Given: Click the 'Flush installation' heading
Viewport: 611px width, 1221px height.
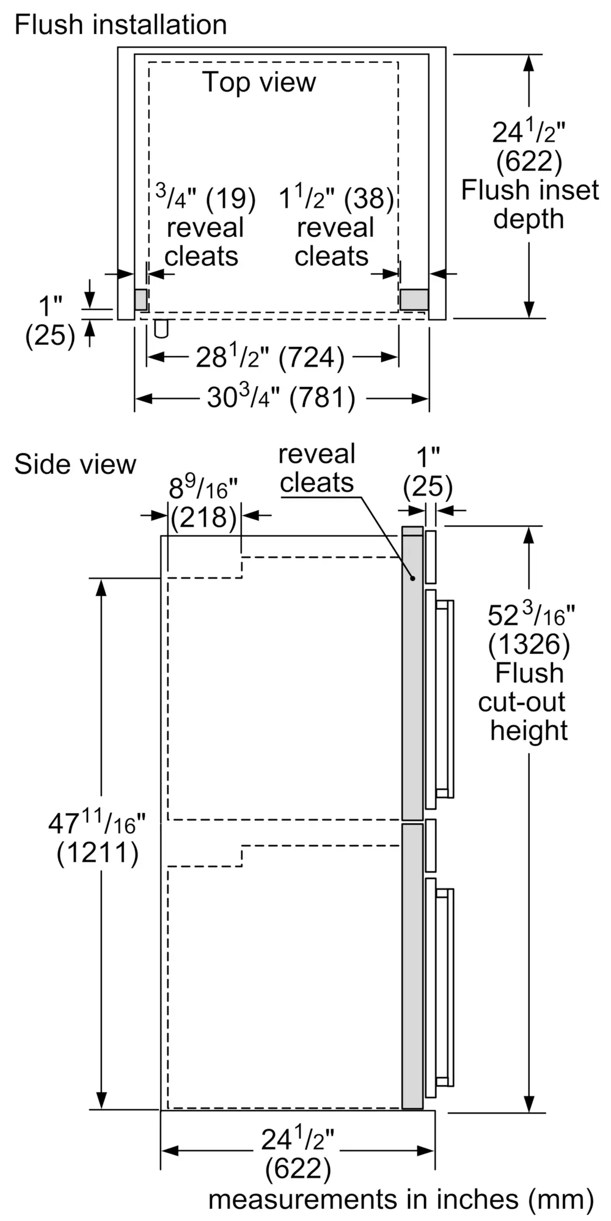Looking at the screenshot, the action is click(x=120, y=25).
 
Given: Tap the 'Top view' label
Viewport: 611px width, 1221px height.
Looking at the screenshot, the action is click(x=260, y=82).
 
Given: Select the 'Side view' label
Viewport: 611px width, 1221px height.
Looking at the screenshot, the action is click(x=75, y=464).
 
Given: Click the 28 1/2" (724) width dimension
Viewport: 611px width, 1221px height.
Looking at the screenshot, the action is click(x=269, y=357).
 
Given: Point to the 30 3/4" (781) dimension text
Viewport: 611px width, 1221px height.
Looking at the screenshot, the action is click(x=280, y=398).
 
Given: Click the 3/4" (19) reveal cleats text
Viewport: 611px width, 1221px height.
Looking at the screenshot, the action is click(x=204, y=226).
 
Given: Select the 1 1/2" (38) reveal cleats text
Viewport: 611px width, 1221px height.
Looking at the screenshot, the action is click(x=335, y=226).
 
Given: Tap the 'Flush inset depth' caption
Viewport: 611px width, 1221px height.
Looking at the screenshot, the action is click(x=530, y=205).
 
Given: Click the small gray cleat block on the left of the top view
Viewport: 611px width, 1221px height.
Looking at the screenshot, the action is click(x=141, y=299).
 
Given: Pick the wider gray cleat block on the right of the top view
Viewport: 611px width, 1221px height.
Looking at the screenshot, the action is click(x=414, y=299).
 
